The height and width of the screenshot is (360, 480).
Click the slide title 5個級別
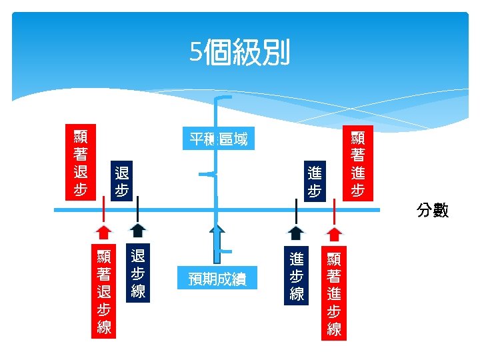pyautogui.click(x=240, y=53)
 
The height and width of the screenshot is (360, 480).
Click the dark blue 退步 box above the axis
pyautogui.click(x=121, y=181)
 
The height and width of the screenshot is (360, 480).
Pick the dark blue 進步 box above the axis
pyautogui.click(x=315, y=181)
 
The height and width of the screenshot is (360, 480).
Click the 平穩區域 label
pyautogui.click(x=218, y=139)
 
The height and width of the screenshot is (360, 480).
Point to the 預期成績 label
pyautogui.click(x=217, y=279)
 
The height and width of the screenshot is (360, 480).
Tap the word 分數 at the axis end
pyautogui.click(x=433, y=211)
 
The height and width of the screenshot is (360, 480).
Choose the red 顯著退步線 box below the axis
pyautogui.click(x=103, y=291)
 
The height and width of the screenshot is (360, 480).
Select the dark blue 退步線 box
pyautogui.click(x=138, y=273)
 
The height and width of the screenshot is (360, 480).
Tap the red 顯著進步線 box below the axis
pyautogui.click(x=334, y=293)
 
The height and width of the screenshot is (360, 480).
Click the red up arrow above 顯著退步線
pyautogui.click(x=103, y=231)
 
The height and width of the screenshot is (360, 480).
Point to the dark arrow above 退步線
pyautogui.click(x=138, y=230)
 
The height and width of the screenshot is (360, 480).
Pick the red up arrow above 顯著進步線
pyautogui.click(x=335, y=233)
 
